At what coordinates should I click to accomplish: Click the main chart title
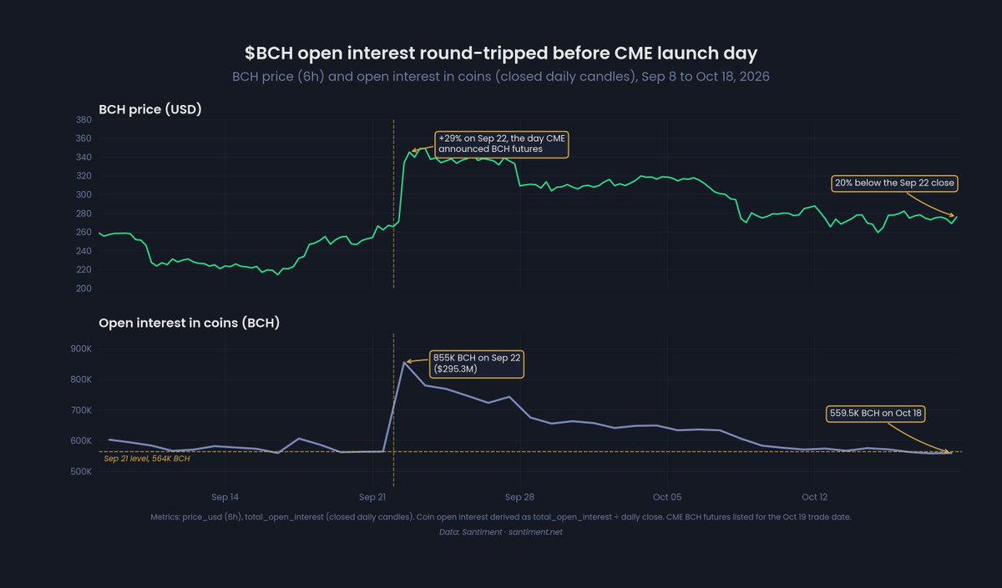pyautogui.click(x=501, y=53)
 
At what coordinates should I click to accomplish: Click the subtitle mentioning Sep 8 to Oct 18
pyautogui.click(x=501, y=77)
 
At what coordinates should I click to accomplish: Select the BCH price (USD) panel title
pyautogui.click(x=149, y=109)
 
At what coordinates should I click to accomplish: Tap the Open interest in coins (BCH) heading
pyautogui.click(x=190, y=323)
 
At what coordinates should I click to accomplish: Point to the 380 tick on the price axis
pyautogui.click(x=83, y=120)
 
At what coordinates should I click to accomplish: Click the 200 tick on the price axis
pyautogui.click(x=83, y=289)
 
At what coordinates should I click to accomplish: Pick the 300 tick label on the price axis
pyautogui.click(x=83, y=195)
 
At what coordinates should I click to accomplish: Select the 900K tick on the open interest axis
pyautogui.click(x=81, y=349)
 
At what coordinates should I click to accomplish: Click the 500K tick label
pyautogui.click(x=81, y=472)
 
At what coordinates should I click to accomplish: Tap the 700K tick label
pyautogui.click(x=81, y=410)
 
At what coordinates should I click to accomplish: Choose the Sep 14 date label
pyautogui.click(x=225, y=497)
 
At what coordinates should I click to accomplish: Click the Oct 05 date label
pyautogui.click(x=667, y=497)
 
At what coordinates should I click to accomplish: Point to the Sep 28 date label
pyautogui.click(x=519, y=497)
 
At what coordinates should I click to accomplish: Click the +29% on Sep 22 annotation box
pyautogui.click(x=502, y=144)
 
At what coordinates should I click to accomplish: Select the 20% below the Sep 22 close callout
pyautogui.click(x=894, y=183)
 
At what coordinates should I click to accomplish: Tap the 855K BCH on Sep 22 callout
pyautogui.click(x=477, y=364)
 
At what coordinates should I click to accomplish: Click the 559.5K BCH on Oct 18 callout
pyautogui.click(x=876, y=414)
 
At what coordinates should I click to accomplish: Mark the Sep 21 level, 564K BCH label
pyautogui.click(x=147, y=459)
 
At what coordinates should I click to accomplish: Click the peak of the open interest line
pyautogui.click(x=404, y=362)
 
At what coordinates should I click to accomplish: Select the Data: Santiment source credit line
pyautogui.click(x=501, y=532)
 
